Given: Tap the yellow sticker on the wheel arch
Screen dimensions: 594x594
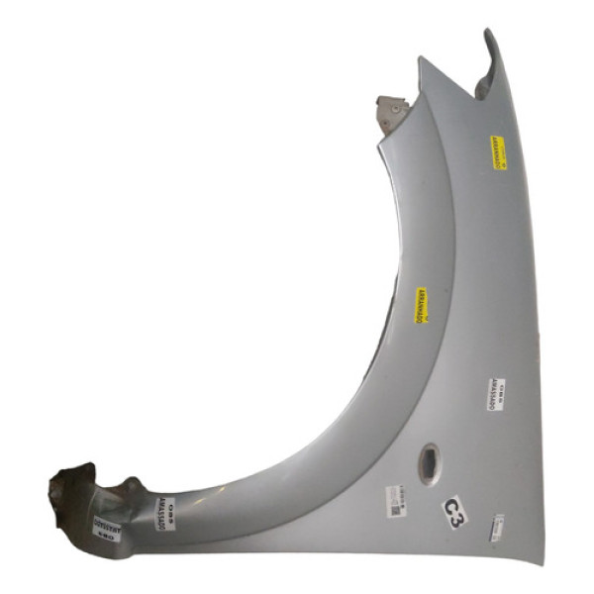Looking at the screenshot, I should tap(421, 308).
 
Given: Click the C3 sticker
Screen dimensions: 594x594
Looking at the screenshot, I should tap(453, 512).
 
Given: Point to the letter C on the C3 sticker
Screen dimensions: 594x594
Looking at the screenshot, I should tap(448, 506).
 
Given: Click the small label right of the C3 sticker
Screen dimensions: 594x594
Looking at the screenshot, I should tap(498, 526).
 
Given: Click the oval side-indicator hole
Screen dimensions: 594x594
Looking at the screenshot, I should tap(432, 460).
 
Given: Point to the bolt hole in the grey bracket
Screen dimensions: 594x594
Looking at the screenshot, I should tap(393, 105).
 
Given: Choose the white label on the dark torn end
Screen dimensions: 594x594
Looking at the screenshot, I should tap(105, 525).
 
